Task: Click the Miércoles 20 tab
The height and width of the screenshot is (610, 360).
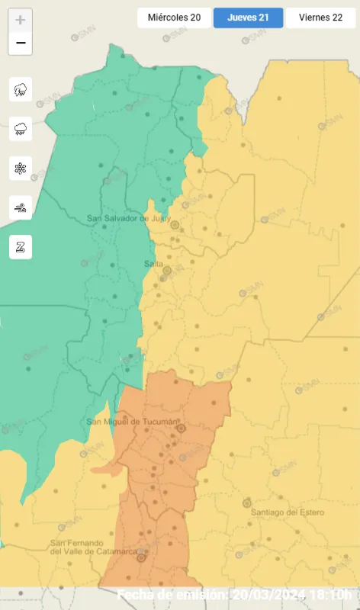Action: [174, 18]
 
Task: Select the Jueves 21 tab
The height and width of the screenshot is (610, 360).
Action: [248, 18]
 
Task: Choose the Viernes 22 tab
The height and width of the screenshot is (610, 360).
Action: [320, 18]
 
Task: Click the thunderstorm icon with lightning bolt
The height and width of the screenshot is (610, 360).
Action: [21, 89]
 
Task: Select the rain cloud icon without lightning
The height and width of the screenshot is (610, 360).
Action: [21, 129]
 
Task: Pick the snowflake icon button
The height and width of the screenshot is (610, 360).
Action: [21, 169]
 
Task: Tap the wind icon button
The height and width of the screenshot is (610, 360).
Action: [21, 207]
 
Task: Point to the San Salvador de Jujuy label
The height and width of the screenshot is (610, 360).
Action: [127, 218]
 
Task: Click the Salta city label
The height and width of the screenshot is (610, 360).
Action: [153, 264]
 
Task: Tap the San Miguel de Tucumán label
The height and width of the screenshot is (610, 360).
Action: [132, 422]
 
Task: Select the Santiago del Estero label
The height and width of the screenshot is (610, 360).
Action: [288, 512]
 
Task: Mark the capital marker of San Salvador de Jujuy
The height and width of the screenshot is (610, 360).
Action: [175, 225]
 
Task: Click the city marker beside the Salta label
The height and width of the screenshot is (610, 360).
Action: [167, 270]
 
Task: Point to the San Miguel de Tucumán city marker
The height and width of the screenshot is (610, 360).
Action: [181, 429]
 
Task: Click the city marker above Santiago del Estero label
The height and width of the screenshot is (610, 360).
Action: [246, 503]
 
